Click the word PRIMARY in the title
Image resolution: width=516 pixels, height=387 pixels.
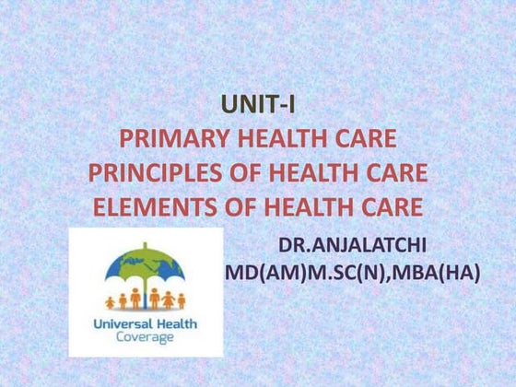(173, 141)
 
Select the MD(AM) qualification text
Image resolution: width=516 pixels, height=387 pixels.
(260, 274)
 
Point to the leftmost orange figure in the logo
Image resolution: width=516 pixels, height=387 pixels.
(111, 301)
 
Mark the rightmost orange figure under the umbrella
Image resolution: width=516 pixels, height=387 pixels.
(182, 301)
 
